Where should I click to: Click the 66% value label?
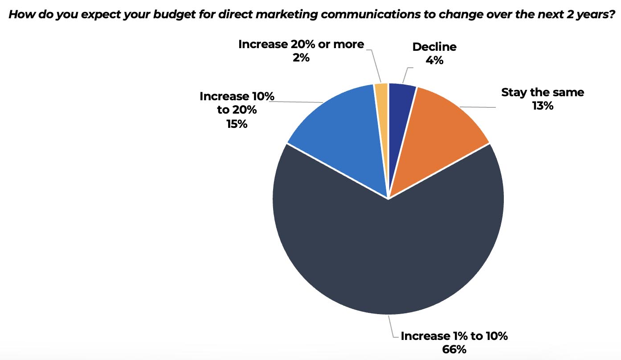(454, 349)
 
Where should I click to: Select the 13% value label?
(542, 106)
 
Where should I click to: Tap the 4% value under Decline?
(434, 60)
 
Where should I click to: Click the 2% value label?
(301, 58)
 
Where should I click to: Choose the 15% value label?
(237, 123)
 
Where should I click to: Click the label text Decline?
(434, 47)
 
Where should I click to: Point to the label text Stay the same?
(542, 93)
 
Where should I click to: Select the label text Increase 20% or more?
(301, 45)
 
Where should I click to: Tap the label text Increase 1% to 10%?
(454, 336)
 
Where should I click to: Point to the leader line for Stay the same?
(477, 107)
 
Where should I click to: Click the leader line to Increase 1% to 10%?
(392, 330)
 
